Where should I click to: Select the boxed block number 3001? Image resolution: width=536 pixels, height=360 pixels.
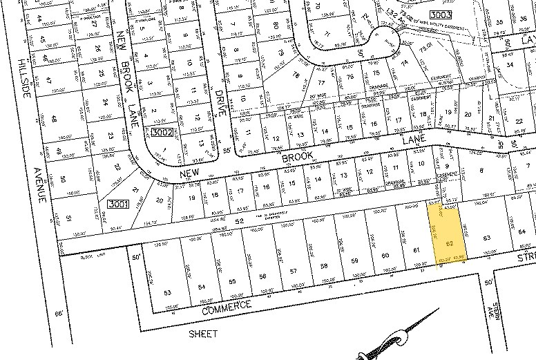click(x=117, y=204)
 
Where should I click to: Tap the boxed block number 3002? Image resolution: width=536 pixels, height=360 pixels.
click(x=162, y=131)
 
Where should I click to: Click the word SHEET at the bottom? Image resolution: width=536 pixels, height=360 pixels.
click(x=203, y=334)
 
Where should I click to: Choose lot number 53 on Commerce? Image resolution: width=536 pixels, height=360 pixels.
click(x=168, y=293)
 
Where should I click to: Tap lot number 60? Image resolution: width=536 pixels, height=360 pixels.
click(x=385, y=256)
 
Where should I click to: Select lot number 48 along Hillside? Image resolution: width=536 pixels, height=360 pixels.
click(x=55, y=118)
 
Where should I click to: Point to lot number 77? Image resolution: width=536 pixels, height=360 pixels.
click(x=320, y=83)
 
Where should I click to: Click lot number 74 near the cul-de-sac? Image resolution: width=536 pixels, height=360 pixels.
click(x=405, y=62)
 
